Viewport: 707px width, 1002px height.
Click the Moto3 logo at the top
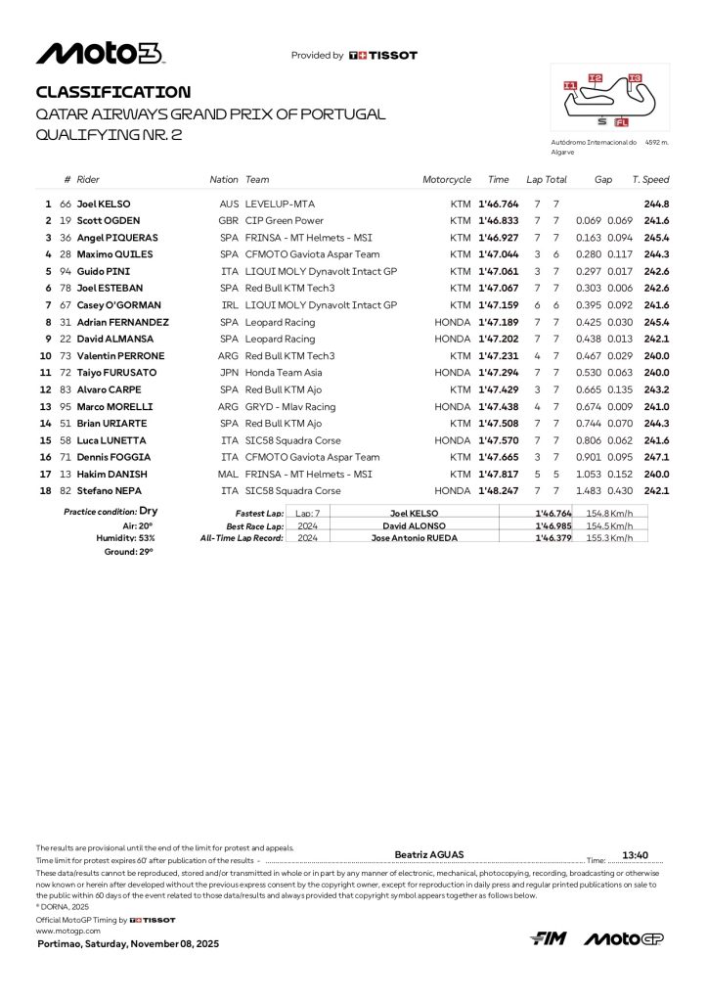(100, 54)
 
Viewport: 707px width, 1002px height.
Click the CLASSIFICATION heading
(113, 92)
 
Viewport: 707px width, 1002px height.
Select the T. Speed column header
(650, 180)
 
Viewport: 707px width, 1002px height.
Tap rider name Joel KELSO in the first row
(105, 204)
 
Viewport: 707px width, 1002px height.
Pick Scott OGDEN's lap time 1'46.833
(498, 220)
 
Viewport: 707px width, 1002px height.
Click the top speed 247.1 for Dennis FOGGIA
(656, 457)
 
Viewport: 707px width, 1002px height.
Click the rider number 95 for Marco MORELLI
(66, 406)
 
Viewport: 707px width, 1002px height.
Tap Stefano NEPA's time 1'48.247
(498, 490)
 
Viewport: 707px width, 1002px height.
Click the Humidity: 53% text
(124, 537)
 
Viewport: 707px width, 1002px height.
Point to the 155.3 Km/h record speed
(609, 537)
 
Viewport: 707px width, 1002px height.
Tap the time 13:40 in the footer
(636, 853)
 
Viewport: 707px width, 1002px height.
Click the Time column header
(499, 180)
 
